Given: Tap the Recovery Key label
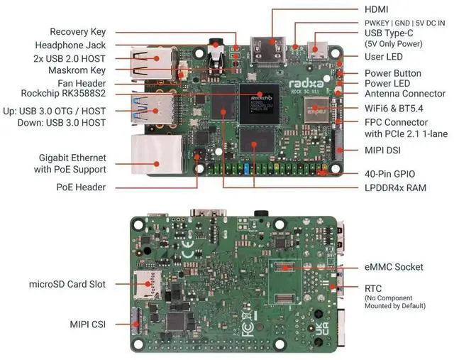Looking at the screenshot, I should [77, 32].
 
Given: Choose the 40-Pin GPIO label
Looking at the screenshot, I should [389, 174].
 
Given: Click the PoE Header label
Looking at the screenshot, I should [81, 187].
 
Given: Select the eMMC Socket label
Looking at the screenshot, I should [394, 267].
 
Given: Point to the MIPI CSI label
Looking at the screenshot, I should [87, 324].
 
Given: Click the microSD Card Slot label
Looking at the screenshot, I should [67, 284].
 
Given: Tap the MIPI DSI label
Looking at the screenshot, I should [384, 151].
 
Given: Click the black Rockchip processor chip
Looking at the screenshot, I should [256, 99].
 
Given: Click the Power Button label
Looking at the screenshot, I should [392, 73].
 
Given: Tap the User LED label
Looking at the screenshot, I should [384, 56].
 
